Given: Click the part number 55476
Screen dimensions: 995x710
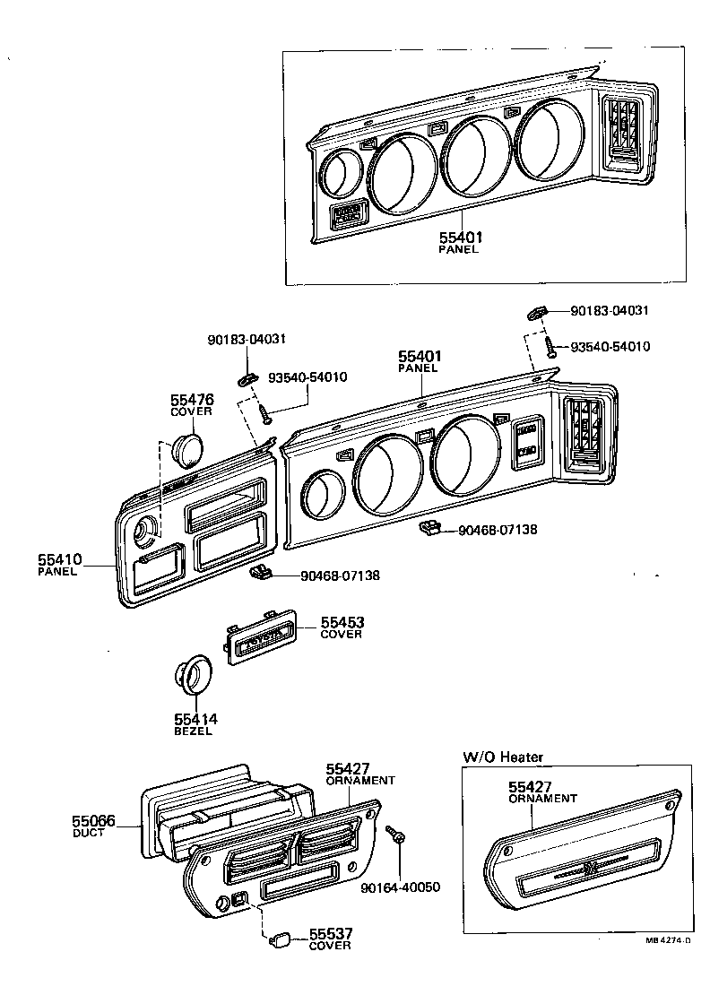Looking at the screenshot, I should point(191,399).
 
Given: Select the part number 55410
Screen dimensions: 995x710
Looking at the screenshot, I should point(59,559).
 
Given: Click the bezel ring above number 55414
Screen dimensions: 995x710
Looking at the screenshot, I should point(192,675).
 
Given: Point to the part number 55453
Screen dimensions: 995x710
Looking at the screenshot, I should point(342,622).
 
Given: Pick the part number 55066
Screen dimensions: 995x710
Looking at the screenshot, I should point(94,820).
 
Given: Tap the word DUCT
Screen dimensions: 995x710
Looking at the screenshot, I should point(88,833).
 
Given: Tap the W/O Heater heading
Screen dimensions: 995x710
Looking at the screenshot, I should point(503,757).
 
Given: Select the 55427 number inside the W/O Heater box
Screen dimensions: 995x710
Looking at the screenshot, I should point(530,786).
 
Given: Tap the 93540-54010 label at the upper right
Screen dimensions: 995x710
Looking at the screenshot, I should point(610,346).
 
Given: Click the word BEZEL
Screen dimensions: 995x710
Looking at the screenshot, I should point(192,731).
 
